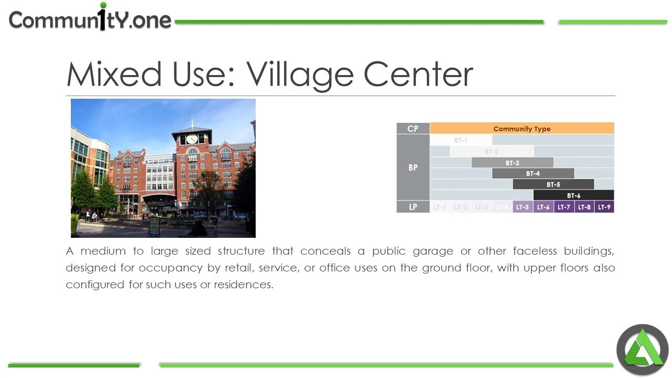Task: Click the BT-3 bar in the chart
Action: pyautogui.click(x=512, y=163)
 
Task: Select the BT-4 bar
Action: pyautogui.click(x=533, y=173)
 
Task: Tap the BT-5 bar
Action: pyautogui.click(x=553, y=184)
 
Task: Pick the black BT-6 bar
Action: pyautogui.click(x=573, y=195)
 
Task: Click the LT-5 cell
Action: pyautogui.click(x=522, y=207)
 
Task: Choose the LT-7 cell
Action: pyautogui.click(x=564, y=207)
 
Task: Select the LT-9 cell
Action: pyautogui.click(x=604, y=207)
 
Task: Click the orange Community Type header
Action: pyautogui.click(x=522, y=129)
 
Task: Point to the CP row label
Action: pyautogui.click(x=413, y=129)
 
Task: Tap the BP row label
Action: pyautogui.click(x=413, y=167)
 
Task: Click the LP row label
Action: pyautogui.click(x=413, y=207)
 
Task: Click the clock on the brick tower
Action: pyautogui.click(x=192, y=139)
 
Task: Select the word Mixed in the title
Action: pyautogui.click(x=114, y=75)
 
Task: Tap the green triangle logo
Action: pyautogui.click(x=642, y=350)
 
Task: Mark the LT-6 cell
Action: pyautogui.click(x=543, y=207)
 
